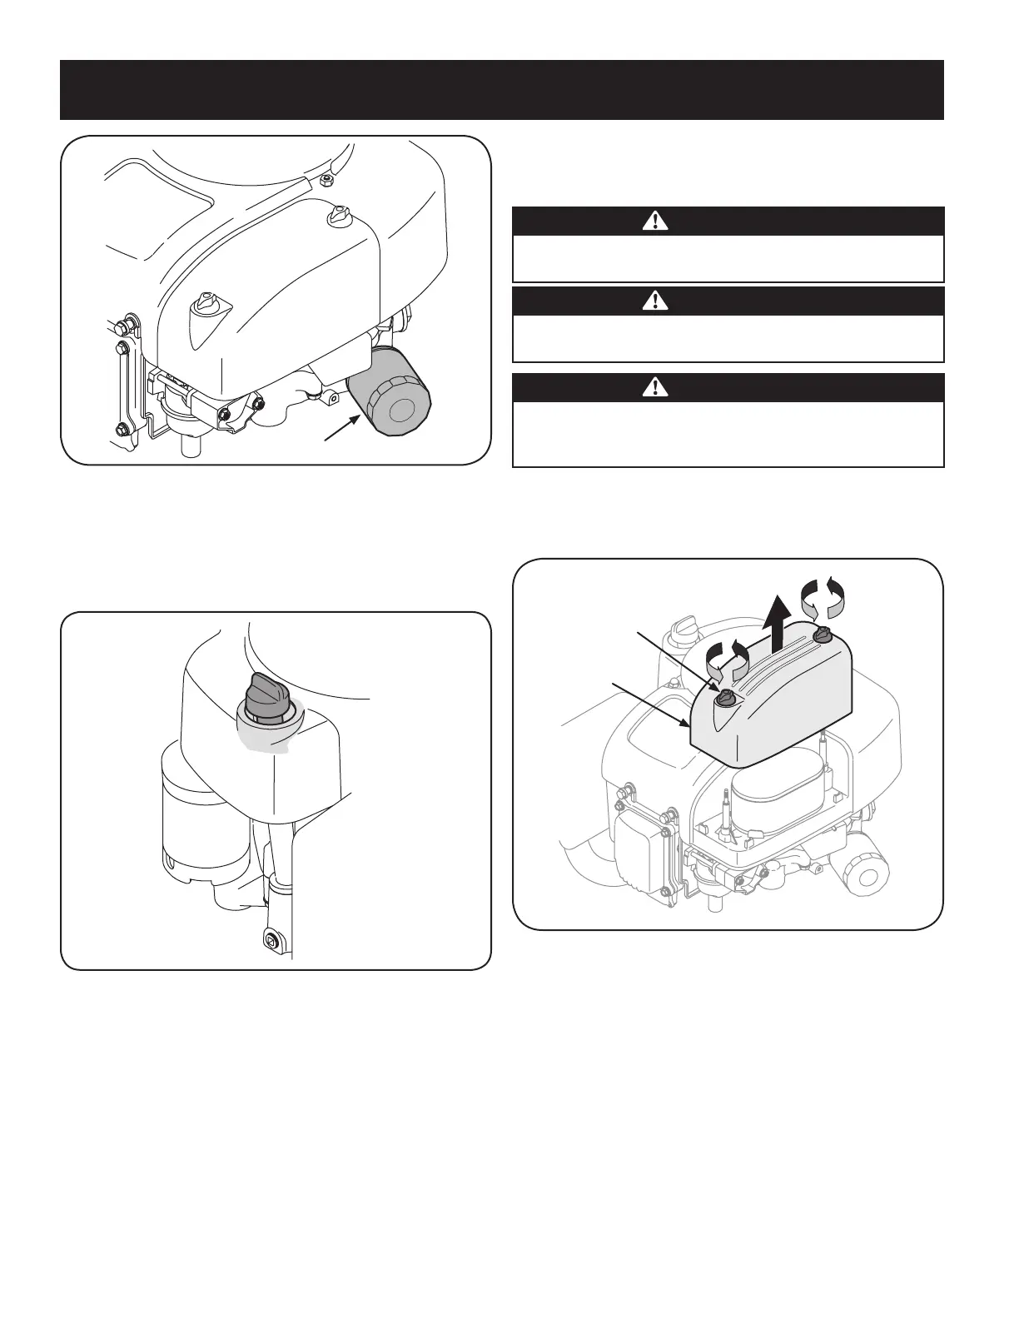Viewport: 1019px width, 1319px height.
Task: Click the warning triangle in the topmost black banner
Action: [656, 221]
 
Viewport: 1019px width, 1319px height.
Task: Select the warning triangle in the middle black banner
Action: [656, 301]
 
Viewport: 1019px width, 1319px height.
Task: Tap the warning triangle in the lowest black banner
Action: [656, 386]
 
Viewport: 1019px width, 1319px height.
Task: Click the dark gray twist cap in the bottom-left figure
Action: [265, 694]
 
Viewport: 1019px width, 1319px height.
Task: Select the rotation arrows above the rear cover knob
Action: [823, 599]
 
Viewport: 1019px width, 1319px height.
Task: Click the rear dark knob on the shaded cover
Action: [823, 635]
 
